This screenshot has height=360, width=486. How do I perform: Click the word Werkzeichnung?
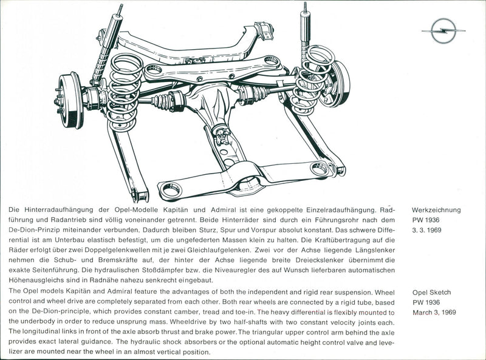coord(436,210)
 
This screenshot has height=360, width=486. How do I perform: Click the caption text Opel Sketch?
coord(431,292)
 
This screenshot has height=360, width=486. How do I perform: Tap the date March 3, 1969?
coord(434,313)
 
